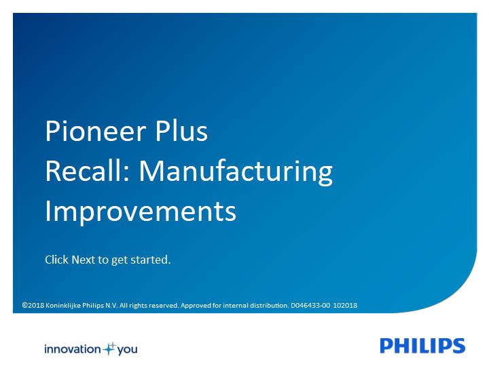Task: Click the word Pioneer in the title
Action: coord(96,131)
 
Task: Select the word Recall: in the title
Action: coord(88,171)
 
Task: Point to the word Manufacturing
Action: coord(236,172)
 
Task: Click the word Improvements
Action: coord(141,212)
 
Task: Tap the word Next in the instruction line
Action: coord(83,260)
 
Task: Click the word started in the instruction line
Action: coord(150,260)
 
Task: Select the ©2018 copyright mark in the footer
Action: coord(33,305)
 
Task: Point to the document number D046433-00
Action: coord(310,305)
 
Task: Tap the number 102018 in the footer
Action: coord(345,305)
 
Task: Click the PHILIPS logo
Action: coord(422,346)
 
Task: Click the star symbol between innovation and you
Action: coord(109,348)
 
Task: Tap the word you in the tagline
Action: coord(127,350)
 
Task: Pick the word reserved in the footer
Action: coord(164,305)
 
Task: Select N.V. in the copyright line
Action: coord(111,305)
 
